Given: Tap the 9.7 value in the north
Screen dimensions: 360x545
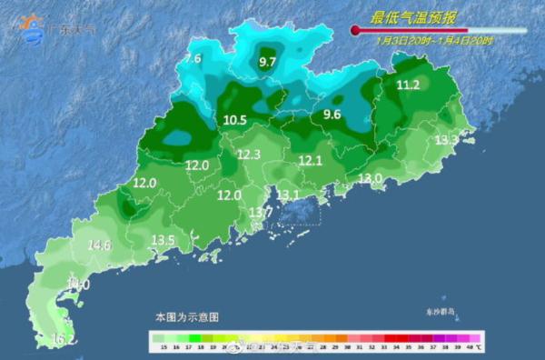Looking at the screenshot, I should tap(268, 62).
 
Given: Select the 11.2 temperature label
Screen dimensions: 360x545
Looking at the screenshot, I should tap(409, 85).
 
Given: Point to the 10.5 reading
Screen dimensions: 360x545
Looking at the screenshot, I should tap(234, 120).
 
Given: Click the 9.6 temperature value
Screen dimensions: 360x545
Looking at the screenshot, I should tap(332, 115).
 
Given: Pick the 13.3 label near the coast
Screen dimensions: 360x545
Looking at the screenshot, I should tap(446, 140).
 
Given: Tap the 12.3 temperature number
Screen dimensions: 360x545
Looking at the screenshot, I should tap(249, 155).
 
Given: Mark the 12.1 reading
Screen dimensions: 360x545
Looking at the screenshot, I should tap(312, 160).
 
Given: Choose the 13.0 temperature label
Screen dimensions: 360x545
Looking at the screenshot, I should tap(370, 178).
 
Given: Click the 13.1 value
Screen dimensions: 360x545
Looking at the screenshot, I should tap(288, 195).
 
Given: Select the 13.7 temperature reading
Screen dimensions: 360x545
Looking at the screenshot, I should tap(261, 212).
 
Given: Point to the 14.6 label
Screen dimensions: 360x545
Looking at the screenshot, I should tap(99, 245).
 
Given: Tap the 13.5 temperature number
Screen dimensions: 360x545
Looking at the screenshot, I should tap(163, 240).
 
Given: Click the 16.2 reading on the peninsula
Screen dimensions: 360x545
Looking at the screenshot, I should tap(63, 339).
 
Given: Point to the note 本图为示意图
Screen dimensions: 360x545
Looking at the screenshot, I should tap(186, 317).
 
